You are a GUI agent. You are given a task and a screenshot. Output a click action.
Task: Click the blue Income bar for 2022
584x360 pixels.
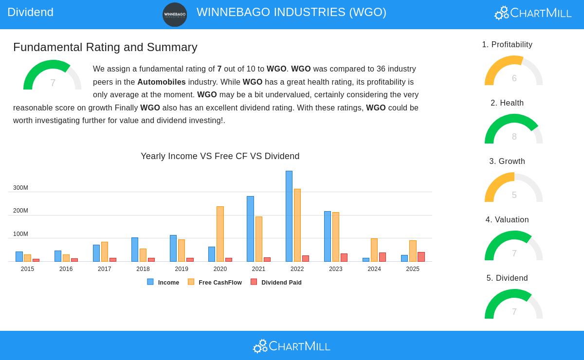click(289, 216)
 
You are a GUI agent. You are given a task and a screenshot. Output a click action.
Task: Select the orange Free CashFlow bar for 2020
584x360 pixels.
click(220, 234)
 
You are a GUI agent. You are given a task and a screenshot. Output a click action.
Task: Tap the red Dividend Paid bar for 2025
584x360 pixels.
click(421, 257)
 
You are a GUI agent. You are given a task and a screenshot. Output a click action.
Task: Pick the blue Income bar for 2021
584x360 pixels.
click(250, 229)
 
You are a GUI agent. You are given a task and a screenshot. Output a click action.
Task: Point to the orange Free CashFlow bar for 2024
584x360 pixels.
click(374, 250)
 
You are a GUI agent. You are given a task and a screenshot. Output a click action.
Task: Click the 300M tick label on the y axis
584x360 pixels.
click(20, 188)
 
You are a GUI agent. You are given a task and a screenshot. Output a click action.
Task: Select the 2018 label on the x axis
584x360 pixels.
click(143, 269)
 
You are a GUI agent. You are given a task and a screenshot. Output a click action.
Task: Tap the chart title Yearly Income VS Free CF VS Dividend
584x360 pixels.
click(220, 156)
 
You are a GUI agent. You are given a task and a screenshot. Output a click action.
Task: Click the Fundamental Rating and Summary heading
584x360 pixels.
click(105, 47)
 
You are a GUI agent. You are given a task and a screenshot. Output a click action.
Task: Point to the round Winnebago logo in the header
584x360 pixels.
click(175, 15)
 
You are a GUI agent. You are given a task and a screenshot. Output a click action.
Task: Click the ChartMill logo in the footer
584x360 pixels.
click(292, 346)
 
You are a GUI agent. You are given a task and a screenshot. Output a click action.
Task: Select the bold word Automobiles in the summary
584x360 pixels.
click(162, 82)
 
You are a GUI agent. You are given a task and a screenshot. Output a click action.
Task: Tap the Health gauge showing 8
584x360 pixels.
click(513, 129)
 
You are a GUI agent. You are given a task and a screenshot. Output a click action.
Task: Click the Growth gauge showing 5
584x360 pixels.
click(513, 188)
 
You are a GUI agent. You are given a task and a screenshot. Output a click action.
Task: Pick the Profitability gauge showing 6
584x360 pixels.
click(513, 71)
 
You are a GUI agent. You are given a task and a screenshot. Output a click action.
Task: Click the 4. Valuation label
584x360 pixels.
click(507, 220)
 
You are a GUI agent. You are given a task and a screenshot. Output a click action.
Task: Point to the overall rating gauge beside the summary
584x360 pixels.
click(53, 76)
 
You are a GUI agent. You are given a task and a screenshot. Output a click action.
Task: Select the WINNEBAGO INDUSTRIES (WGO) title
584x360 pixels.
click(292, 12)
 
